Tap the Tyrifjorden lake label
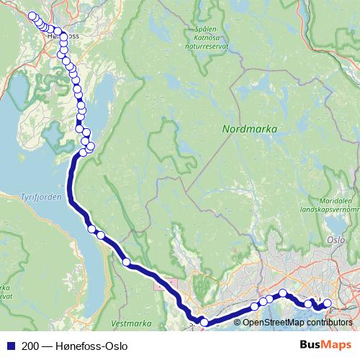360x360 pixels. pos(33,196)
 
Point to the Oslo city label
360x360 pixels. pos(336,240)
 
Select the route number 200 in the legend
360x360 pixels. pos(30,346)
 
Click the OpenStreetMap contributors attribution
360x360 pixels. pos(297,322)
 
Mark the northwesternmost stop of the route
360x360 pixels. pos(32,16)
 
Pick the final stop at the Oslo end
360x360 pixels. pos(328,304)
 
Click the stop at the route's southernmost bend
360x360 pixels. pos(204,323)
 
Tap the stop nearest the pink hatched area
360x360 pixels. pos(127,263)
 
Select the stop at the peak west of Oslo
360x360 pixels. pos(284,293)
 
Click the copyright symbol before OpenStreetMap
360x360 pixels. pos(238,322)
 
